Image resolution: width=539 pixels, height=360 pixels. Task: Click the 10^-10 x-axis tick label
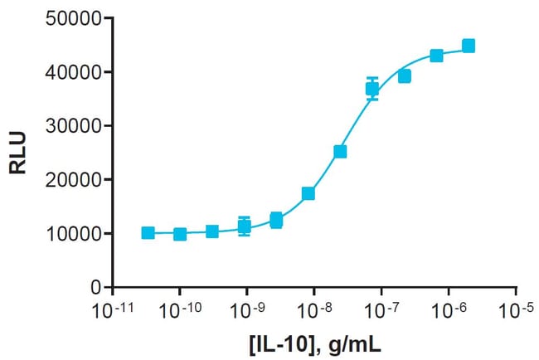pos(178,309)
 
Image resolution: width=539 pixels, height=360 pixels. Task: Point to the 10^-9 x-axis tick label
pos(246,309)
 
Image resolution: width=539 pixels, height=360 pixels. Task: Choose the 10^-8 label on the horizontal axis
pos(313,309)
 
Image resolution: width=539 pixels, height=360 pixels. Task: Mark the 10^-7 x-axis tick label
pos(381,309)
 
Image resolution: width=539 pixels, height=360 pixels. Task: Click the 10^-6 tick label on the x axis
pos(448,309)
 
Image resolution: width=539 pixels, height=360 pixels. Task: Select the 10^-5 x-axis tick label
pos(515,309)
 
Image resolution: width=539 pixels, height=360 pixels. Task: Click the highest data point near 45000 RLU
pos(469,46)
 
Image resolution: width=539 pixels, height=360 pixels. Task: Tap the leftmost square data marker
pos(148,233)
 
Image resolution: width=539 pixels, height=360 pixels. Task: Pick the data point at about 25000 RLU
pos(340,152)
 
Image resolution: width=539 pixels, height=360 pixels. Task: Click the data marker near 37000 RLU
pos(372,88)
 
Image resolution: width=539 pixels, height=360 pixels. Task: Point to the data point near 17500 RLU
pos(308,193)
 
